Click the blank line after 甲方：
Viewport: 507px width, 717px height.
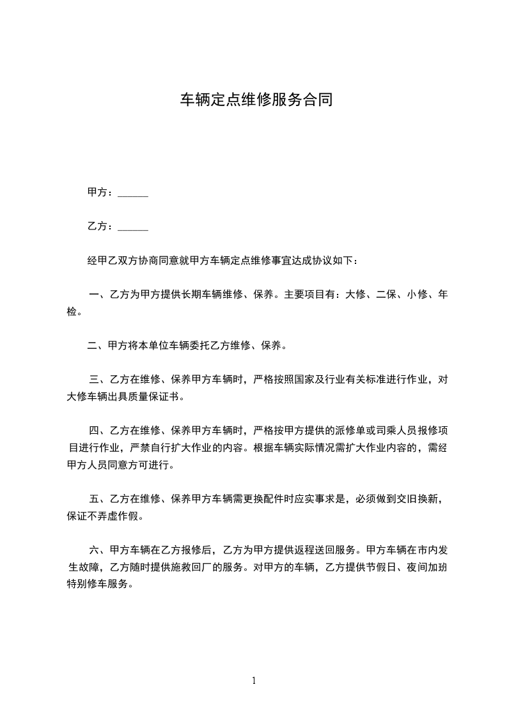click(x=133, y=192)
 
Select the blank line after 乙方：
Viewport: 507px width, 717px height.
click(x=133, y=226)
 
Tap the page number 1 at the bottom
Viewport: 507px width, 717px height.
click(x=254, y=681)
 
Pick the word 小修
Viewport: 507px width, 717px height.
click(x=416, y=295)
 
